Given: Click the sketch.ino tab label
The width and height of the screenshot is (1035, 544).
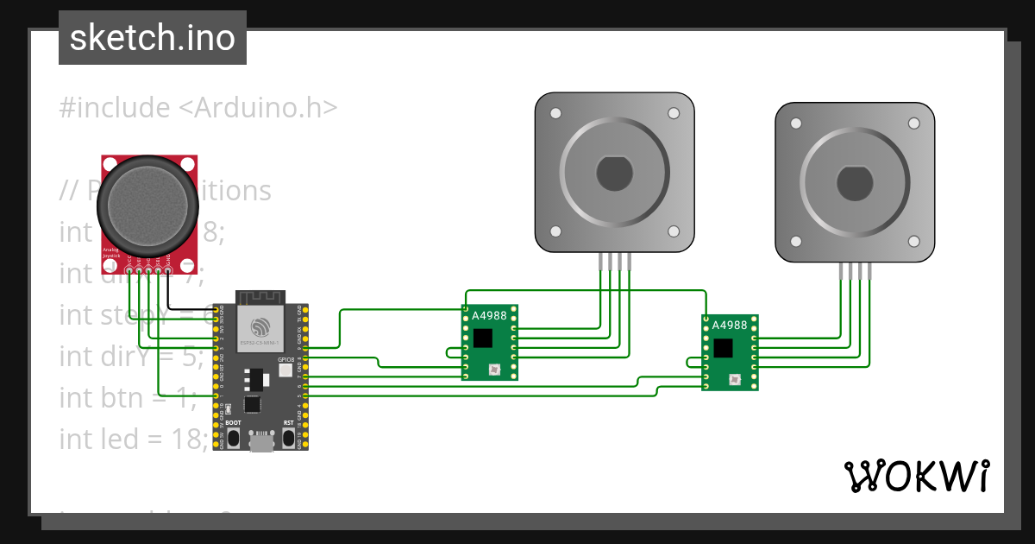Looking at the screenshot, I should pyautogui.click(x=153, y=38).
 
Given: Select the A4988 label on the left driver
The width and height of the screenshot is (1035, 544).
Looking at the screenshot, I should pyautogui.click(x=489, y=316).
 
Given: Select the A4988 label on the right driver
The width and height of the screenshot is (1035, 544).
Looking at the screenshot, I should pyautogui.click(x=730, y=326).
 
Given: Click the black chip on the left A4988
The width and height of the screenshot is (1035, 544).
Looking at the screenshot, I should pyautogui.click(x=483, y=338).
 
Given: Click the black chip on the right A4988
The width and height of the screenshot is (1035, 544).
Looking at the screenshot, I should pyautogui.click(x=723, y=347).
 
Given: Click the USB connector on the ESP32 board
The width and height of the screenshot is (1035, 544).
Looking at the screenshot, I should pyautogui.click(x=260, y=441).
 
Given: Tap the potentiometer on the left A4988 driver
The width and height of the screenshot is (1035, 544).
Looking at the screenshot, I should pyautogui.click(x=494, y=370).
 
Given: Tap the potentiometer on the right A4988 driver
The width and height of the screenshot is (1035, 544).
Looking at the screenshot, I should pyautogui.click(x=734, y=379).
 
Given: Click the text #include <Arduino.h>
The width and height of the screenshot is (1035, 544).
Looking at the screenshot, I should pyautogui.click(x=198, y=108).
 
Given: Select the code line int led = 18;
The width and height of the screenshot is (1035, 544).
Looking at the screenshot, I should pyautogui.click(x=134, y=439).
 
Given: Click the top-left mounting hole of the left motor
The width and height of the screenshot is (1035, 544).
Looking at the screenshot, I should pyautogui.click(x=555, y=113).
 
